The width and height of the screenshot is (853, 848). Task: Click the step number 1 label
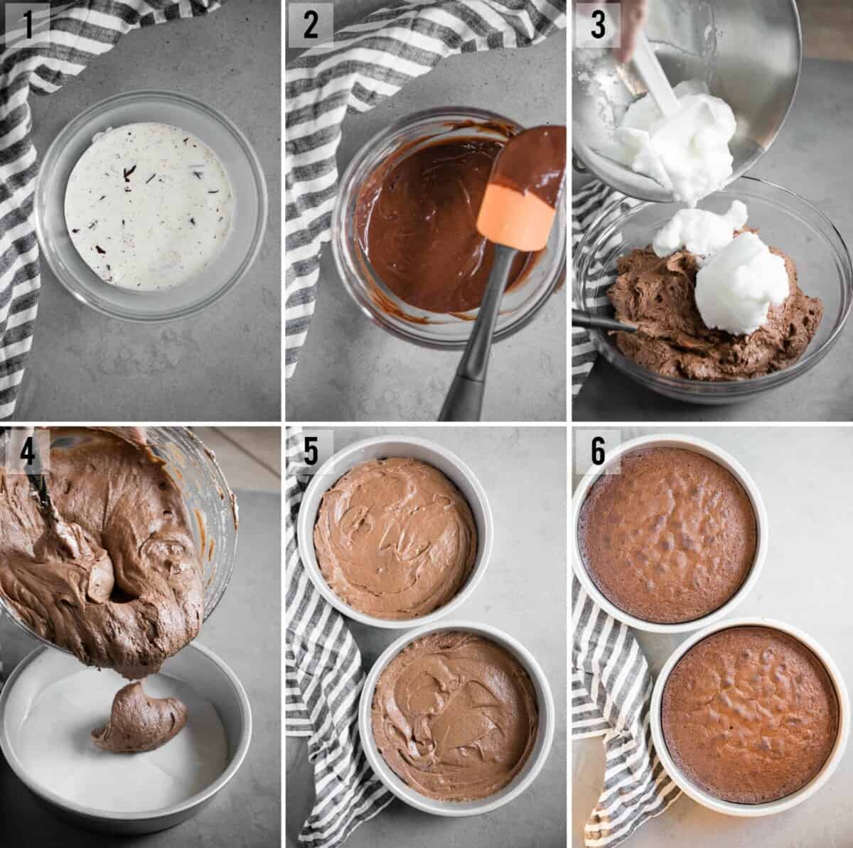pyautogui.click(x=27, y=26)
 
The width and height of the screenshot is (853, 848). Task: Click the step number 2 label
pyautogui.click(x=311, y=26)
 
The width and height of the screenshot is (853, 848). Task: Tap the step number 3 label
pyautogui.click(x=598, y=26)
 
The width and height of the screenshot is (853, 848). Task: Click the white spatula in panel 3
pyautogui.click(x=658, y=92)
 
